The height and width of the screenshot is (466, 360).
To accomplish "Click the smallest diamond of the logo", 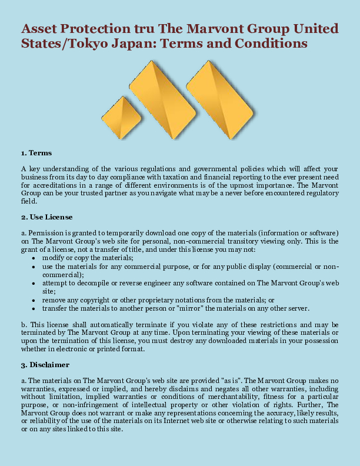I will pyautogui.click(x=122, y=118).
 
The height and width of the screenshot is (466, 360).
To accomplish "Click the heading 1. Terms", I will pyautogui.click(x=36, y=153).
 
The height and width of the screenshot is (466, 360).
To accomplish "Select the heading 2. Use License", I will pyautogui.click(x=48, y=217).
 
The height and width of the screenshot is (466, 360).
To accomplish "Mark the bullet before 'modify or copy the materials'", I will pyautogui.click(x=36, y=258).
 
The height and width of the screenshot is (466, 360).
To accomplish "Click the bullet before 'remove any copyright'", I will pyautogui.click(x=36, y=299).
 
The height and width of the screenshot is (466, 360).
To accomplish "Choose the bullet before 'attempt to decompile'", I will pyautogui.click(x=36, y=283).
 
